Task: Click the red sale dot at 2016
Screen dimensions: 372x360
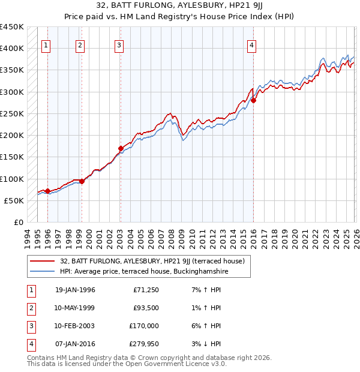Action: (x=253, y=100)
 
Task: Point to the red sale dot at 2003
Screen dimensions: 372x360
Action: (x=121, y=148)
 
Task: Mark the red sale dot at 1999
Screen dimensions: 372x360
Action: (x=82, y=181)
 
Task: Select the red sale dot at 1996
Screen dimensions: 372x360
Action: (x=47, y=191)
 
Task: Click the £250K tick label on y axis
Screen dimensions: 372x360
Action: (x=12, y=113)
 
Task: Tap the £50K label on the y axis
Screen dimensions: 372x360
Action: (x=14, y=200)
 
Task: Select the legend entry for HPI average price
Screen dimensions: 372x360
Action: (x=144, y=272)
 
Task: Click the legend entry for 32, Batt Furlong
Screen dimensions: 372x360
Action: (x=152, y=262)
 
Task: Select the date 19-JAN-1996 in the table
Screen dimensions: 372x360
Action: (x=75, y=290)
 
